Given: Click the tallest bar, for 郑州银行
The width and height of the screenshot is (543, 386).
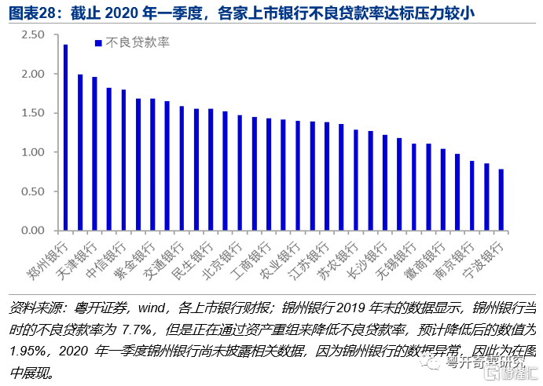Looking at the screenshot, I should tap(65, 137).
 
